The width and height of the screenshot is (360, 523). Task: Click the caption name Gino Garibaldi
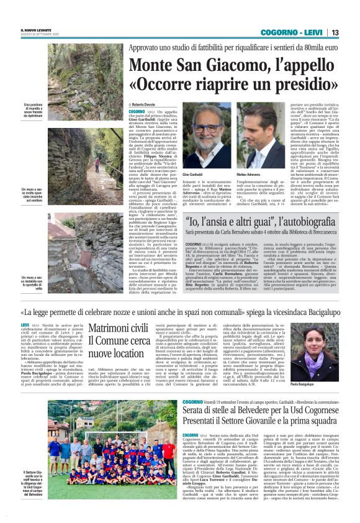point(198,176)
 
